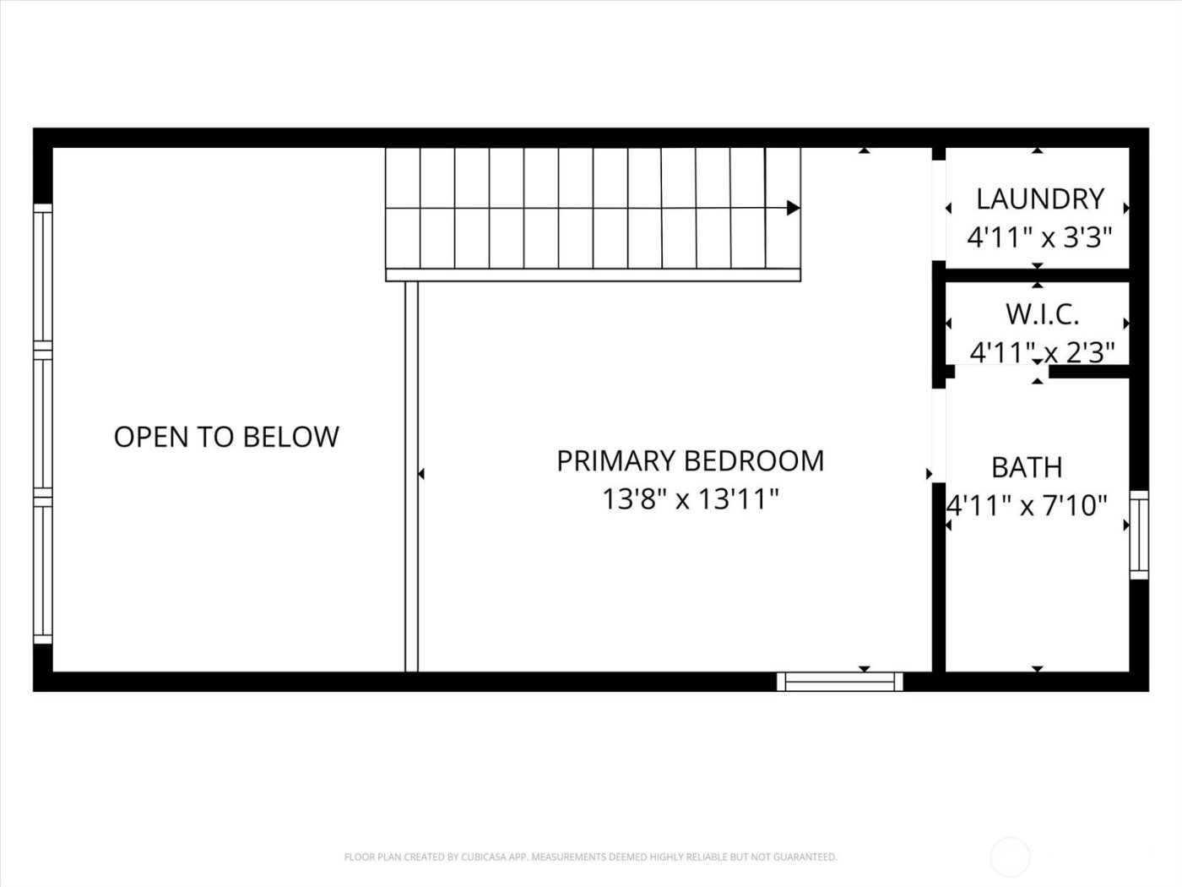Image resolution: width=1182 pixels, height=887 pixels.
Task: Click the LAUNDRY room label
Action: [x=1039, y=199]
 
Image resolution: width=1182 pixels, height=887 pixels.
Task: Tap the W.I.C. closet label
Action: [x=1041, y=314]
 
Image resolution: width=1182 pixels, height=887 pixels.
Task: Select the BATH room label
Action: [x=1026, y=467]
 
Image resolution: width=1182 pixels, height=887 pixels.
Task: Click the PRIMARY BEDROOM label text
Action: [x=690, y=461]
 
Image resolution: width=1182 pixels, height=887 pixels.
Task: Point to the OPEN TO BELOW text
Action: [x=226, y=437]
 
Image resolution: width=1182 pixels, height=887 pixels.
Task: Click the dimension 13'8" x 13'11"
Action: [x=690, y=499]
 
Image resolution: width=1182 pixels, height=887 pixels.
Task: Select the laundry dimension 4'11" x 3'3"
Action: [x=1038, y=237]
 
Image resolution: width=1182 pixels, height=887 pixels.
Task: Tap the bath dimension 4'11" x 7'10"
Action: [x=1026, y=506]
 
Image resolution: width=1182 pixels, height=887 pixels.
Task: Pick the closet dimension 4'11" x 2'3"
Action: [x=1042, y=351]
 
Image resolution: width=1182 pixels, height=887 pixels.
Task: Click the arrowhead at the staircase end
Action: [x=793, y=208]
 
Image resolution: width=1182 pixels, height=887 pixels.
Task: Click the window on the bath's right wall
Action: [x=1139, y=535]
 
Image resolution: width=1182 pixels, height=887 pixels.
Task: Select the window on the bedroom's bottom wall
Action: [x=839, y=681]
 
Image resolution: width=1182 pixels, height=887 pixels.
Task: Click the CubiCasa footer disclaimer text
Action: [x=590, y=857]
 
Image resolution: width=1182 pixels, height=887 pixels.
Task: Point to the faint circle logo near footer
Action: [x=1010, y=857]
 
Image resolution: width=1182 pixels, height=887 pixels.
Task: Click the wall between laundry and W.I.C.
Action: [x=1037, y=275]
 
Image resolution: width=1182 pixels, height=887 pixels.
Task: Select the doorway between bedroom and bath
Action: [x=938, y=435]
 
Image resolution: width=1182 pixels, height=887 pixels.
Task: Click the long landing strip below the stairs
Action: [x=593, y=275]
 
